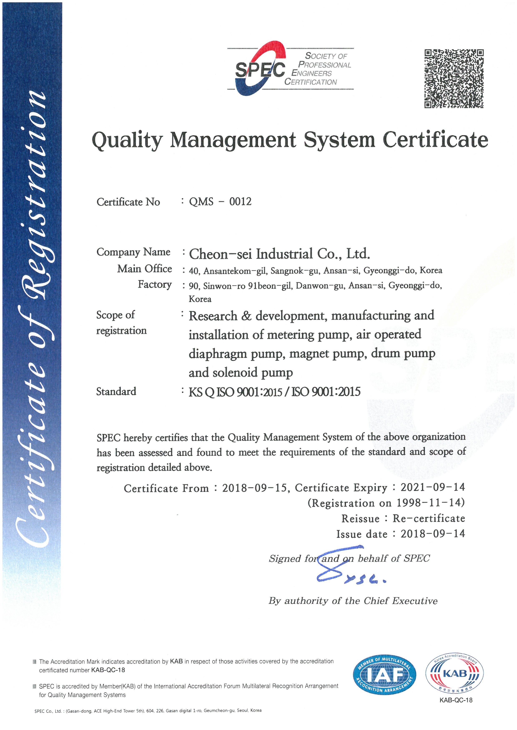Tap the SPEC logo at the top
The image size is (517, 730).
(x=260, y=69)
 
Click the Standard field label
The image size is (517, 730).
(x=116, y=391)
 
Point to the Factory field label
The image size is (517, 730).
(x=155, y=284)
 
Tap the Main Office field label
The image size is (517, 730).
(x=144, y=269)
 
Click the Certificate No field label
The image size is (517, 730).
(x=128, y=202)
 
